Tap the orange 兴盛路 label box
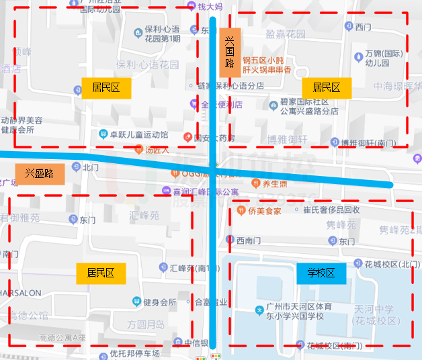[x=40, y=173]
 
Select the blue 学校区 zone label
[x=321, y=273]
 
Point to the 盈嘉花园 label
[x=286, y=33]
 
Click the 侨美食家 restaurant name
[x=264, y=210]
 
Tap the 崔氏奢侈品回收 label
[x=331, y=210]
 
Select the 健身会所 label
[x=159, y=302]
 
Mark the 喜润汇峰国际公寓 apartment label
[x=206, y=192]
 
